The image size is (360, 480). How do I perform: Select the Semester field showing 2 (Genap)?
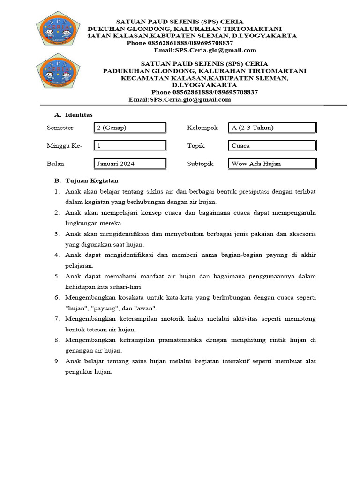click(130, 127)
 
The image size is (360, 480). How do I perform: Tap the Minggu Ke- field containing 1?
click(130, 146)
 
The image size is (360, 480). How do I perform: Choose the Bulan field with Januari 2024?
click(130, 164)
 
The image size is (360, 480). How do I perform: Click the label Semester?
click(60, 127)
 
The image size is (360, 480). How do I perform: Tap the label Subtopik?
click(200, 164)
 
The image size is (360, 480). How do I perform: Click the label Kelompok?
click(202, 127)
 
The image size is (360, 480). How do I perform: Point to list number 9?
click(57, 360)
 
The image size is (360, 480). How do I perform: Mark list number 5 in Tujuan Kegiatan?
click(57, 276)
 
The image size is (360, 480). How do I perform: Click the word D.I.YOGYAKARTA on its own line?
click(204, 85)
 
